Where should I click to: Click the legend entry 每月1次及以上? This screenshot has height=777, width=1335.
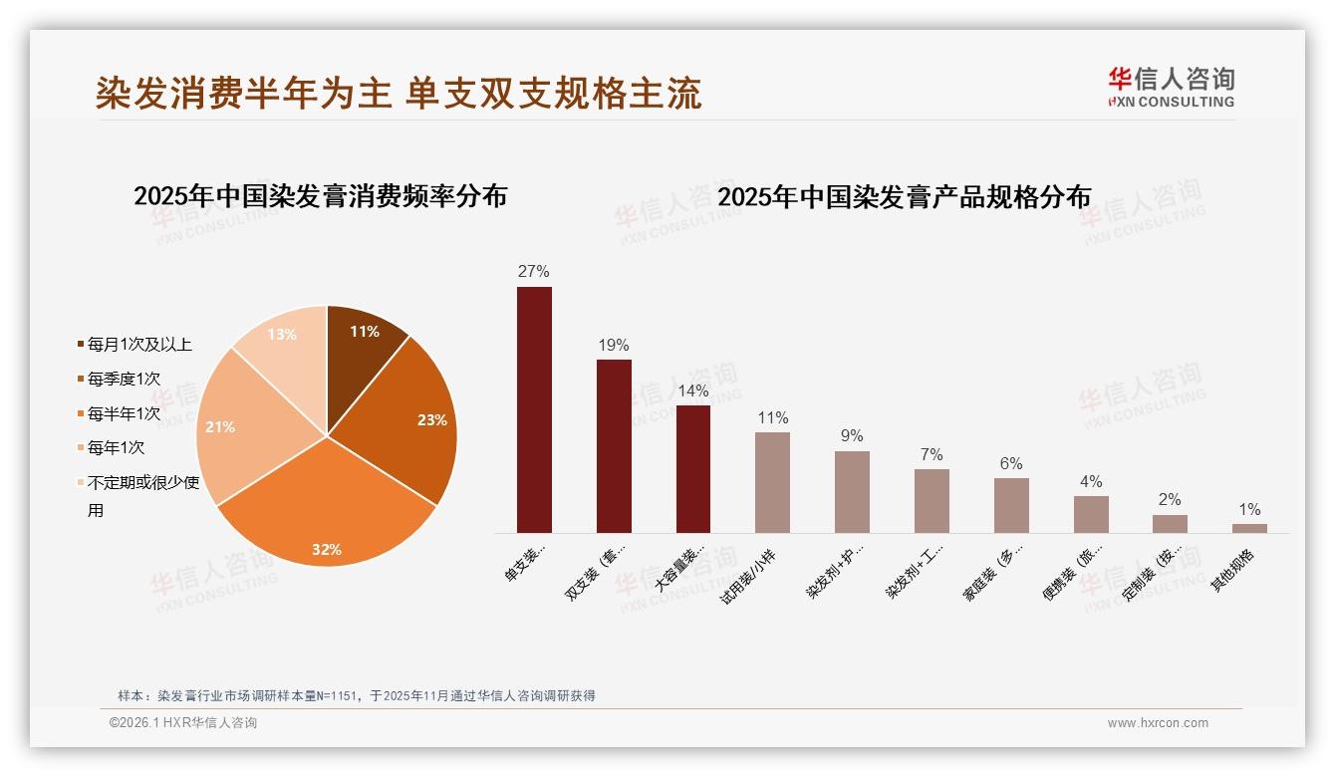[x=139, y=345]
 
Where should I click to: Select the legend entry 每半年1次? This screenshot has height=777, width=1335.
[x=124, y=413]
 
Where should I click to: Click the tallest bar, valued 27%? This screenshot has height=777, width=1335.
[x=534, y=409]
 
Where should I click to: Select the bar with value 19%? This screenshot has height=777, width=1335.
[x=614, y=445]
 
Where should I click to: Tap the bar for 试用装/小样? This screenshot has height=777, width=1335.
[x=772, y=482]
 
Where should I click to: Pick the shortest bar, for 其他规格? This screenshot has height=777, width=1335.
[x=1249, y=528]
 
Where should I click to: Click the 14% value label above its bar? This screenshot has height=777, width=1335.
[x=693, y=390]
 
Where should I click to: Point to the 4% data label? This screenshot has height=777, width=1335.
[x=1091, y=482]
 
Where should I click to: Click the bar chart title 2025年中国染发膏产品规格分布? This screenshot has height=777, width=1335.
[x=904, y=196]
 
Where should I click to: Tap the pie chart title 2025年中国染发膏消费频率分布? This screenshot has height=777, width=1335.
[x=321, y=196]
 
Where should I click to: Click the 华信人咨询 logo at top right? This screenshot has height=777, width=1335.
[x=1171, y=86]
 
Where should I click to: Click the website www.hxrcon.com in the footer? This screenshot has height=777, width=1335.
[x=1158, y=723]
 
